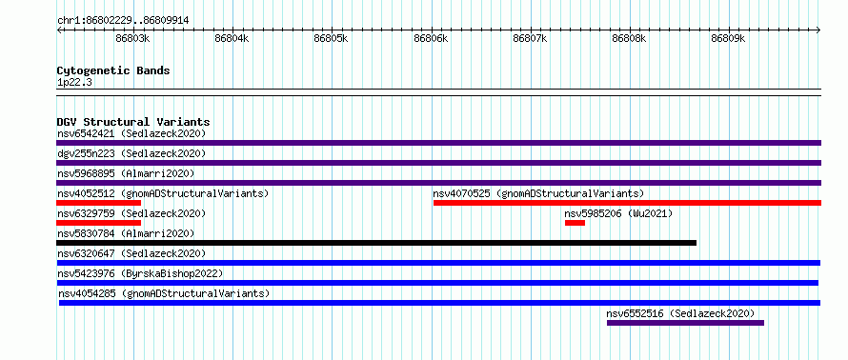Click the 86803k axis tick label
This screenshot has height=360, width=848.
[x=132, y=38]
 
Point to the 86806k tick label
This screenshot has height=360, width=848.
[x=431, y=38]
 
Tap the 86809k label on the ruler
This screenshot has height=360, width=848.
[x=728, y=38]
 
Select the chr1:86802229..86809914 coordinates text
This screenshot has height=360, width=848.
[x=123, y=21]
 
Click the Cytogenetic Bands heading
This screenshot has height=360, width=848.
[x=113, y=70]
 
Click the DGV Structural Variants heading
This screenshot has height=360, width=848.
[x=133, y=122]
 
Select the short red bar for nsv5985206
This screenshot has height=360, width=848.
[x=575, y=223]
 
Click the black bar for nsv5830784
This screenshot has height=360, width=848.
[x=376, y=243]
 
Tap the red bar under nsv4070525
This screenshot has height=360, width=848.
[x=627, y=203]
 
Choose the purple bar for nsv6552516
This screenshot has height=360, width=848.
[x=685, y=323]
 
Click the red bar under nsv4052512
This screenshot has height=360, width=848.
[x=98, y=203]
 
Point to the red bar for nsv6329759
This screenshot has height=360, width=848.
[x=98, y=223]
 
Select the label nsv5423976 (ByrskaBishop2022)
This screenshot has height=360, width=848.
[x=140, y=273]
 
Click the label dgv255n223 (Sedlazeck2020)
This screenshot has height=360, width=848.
[x=131, y=153]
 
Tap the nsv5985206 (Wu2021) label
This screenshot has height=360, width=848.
[x=618, y=213]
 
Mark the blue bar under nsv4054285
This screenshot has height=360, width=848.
[x=439, y=303]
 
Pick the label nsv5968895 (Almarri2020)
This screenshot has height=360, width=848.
[x=126, y=173]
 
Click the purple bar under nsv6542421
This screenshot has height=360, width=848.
[x=438, y=143]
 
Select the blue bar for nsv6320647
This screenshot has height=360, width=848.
[x=438, y=263]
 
